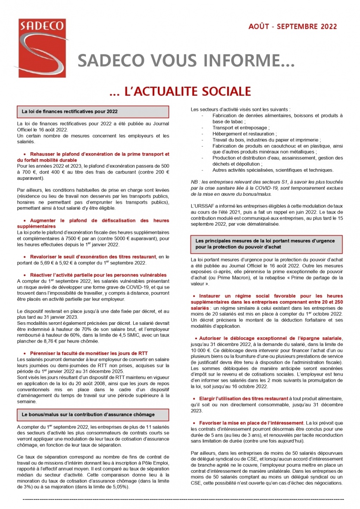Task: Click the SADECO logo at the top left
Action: point(38,47)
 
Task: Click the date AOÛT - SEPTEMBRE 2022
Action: point(293,27)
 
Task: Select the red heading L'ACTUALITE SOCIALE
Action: point(180,91)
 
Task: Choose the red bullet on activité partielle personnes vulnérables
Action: point(98,275)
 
